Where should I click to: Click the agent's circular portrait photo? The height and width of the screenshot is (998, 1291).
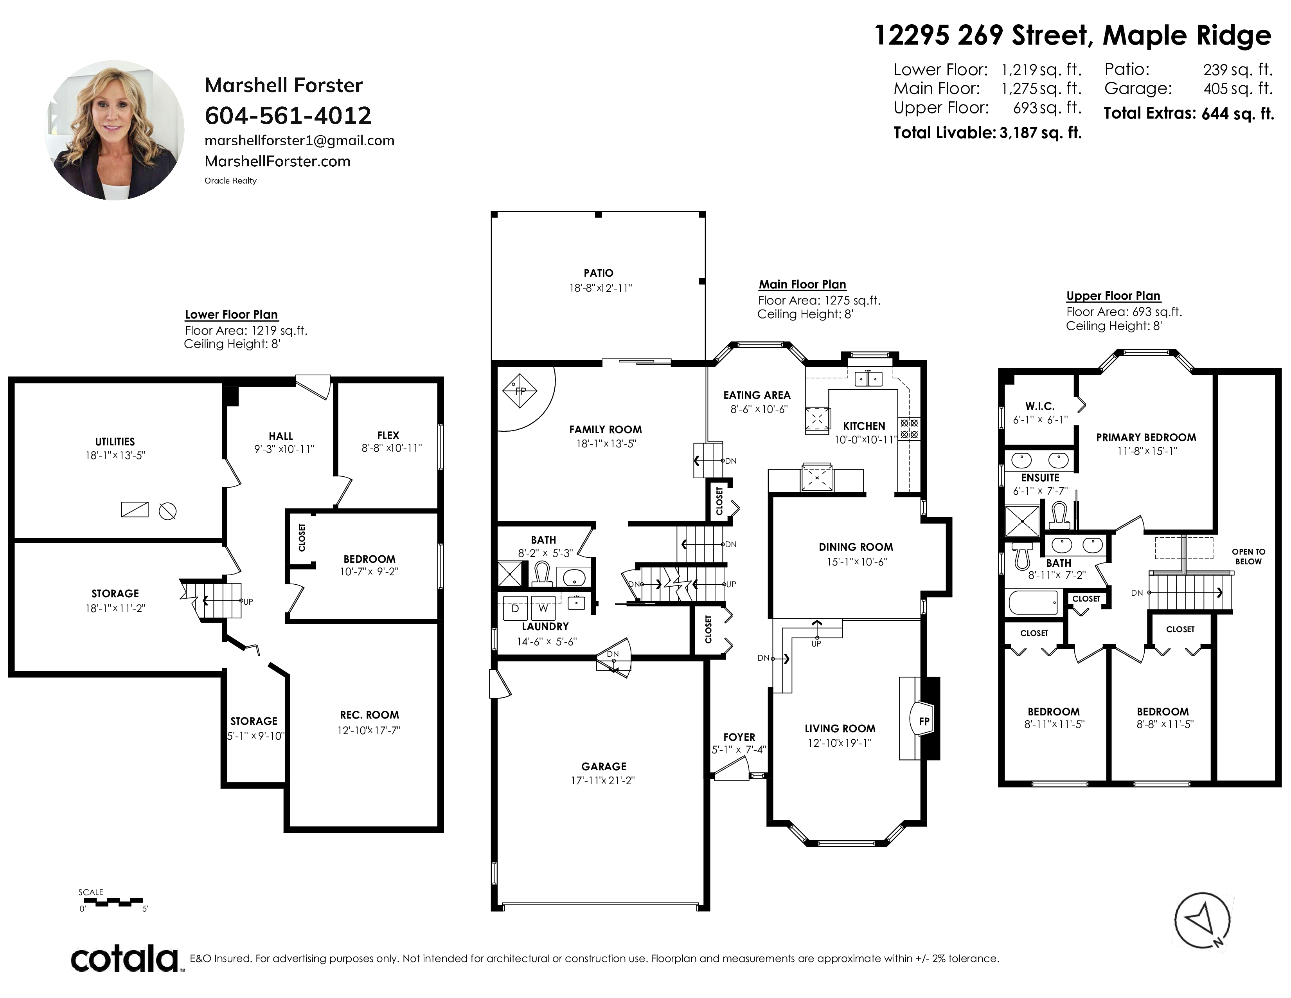click(x=115, y=130)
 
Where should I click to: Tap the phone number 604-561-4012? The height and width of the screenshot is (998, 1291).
click(x=288, y=115)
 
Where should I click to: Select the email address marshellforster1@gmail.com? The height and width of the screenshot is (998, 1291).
click(x=299, y=141)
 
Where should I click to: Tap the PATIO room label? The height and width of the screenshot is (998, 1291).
click(x=598, y=273)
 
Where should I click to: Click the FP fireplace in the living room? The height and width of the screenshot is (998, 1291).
click(x=922, y=720)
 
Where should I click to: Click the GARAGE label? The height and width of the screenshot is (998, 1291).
click(x=604, y=766)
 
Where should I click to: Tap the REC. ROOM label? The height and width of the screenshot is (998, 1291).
click(x=369, y=715)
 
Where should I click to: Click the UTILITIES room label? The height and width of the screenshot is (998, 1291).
click(x=115, y=441)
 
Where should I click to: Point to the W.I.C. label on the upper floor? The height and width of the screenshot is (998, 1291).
click(x=1040, y=406)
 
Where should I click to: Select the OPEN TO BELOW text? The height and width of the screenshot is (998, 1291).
click(x=1248, y=557)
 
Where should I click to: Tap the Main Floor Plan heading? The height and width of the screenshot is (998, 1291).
click(x=802, y=285)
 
